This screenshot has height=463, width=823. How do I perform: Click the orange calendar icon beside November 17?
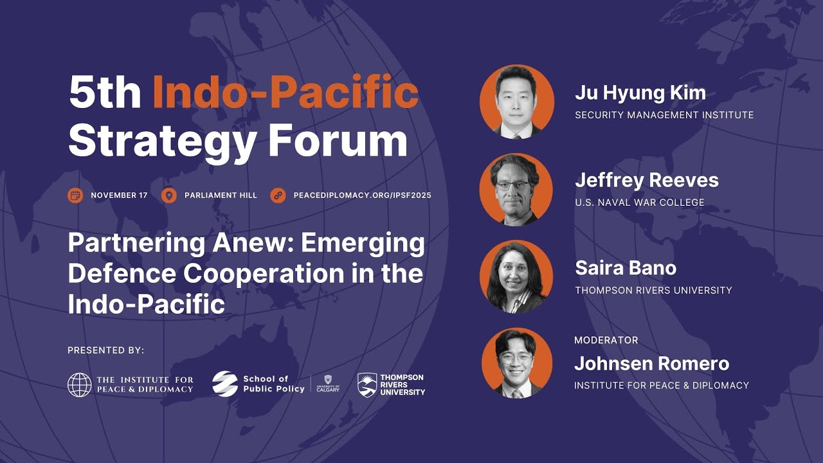[75, 195]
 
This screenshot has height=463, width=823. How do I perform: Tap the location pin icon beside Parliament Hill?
[169, 195]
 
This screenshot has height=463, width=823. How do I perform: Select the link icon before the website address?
[278, 195]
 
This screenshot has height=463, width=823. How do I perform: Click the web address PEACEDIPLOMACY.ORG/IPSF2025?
[362, 195]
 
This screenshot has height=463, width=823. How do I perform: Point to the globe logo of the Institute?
[80, 385]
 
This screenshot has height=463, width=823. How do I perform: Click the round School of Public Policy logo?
[225, 384]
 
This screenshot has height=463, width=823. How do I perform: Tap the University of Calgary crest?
[328, 381]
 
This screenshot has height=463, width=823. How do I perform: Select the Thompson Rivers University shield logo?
[367, 385]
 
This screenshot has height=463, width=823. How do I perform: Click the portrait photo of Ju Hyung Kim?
[516, 101]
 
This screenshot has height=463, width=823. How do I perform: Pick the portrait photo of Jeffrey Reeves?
[516, 189]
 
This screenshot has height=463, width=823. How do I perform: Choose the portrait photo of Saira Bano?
[516, 277]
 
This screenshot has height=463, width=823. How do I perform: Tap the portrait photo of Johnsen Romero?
[516, 364]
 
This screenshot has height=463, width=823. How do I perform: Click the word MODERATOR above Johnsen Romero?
[606, 340]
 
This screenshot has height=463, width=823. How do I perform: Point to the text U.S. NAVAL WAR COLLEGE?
[640, 203]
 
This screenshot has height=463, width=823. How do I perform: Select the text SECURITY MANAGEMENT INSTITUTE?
[664, 115]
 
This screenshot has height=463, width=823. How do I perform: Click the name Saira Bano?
[626, 268]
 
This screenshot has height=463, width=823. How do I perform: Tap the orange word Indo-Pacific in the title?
[285, 93]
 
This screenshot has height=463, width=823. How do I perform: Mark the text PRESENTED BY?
[106, 350]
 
